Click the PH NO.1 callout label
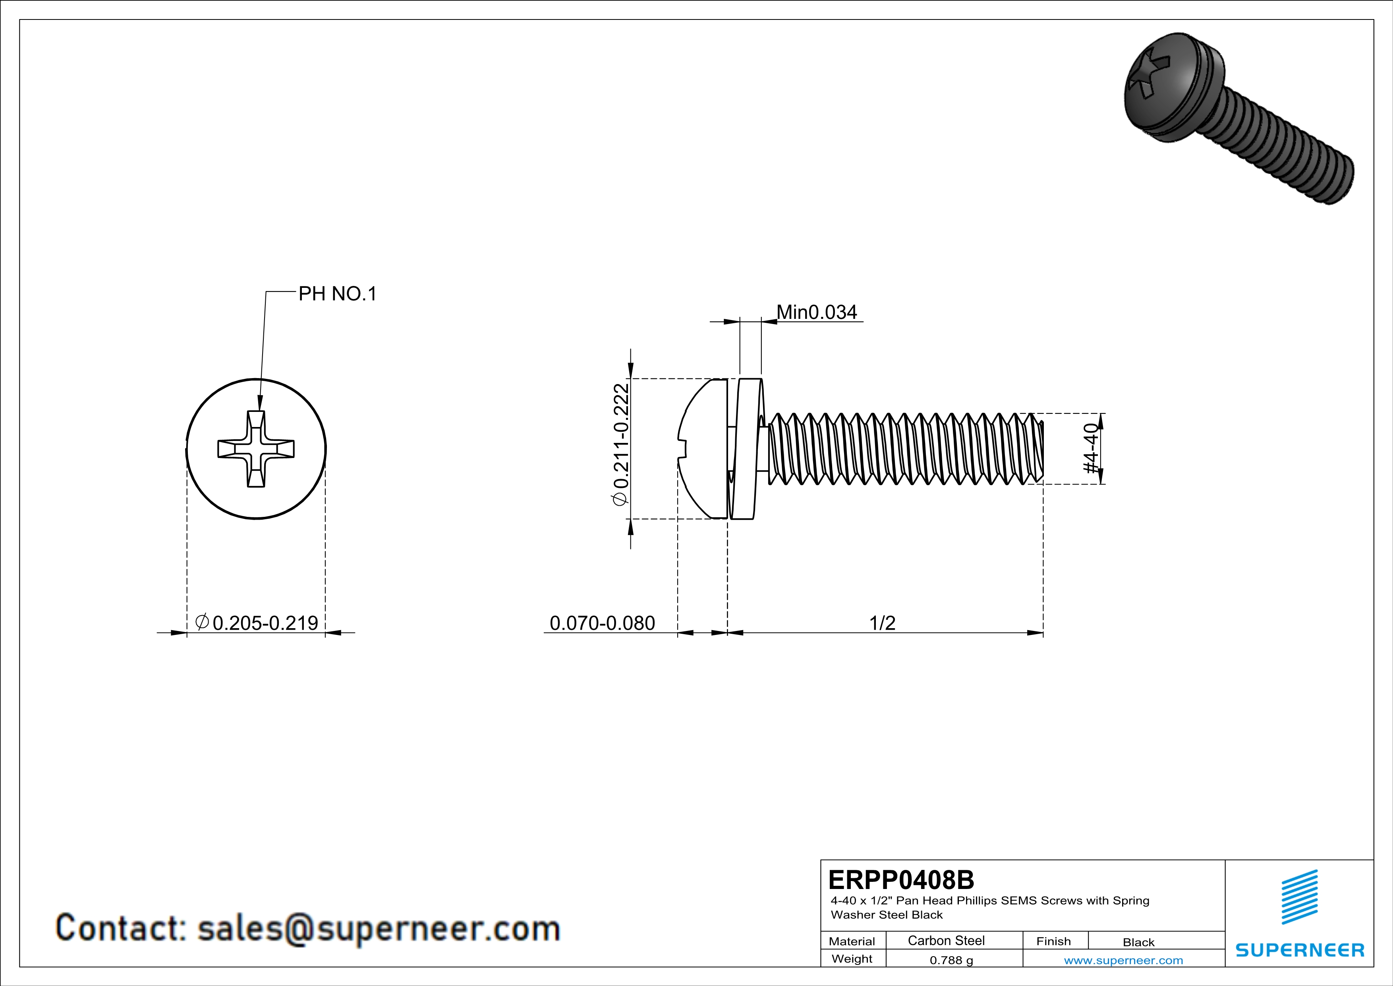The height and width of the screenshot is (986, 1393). tap(337, 294)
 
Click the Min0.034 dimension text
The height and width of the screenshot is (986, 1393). tap(817, 312)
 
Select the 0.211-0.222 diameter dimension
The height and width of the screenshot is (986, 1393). tap(621, 444)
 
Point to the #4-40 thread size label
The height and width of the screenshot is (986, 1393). tap(1091, 449)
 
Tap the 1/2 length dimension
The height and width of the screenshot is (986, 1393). tap(882, 623)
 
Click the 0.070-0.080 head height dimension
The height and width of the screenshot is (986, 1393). tap(602, 623)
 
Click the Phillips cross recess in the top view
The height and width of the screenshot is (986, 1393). tap(256, 449)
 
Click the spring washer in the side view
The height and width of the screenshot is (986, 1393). tap(746, 449)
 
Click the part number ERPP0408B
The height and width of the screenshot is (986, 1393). tap(901, 880)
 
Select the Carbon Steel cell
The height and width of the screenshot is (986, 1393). tap(946, 940)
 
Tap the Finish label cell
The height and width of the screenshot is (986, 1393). tap(1053, 941)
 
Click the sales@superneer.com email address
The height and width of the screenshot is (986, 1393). tap(379, 928)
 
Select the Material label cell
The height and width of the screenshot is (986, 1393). tap(852, 941)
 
